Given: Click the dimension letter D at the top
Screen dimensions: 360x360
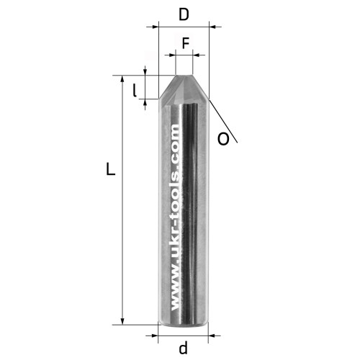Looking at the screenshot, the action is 184,15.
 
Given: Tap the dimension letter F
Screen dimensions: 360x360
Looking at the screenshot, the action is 186,43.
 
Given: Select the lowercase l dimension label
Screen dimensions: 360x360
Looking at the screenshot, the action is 135,91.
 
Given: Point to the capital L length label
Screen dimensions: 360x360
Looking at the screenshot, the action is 111,168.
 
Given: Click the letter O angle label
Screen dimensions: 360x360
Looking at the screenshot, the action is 223,139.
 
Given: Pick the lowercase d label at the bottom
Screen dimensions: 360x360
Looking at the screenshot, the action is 183,348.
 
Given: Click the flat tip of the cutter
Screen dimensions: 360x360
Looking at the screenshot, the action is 184,76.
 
